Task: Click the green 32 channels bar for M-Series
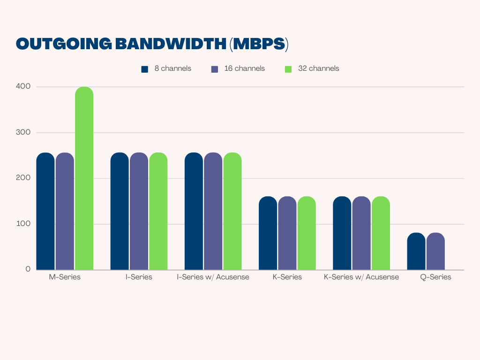tap(84, 178)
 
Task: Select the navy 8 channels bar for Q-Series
tap(416, 251)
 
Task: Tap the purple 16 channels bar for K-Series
tap(287, 233)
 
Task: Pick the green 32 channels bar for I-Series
tap(158, 211)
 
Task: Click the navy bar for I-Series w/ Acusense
tap(194, 211)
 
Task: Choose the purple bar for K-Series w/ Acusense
tap(361, 233)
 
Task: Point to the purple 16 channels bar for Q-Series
tap(435, 251)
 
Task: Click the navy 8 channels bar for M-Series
tap(45, 211)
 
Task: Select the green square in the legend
tap(288, 69)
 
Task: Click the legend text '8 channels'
tap(172, 68)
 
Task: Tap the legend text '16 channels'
tap(244, 68)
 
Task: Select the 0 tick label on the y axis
tap(28, 270)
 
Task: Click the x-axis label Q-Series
tap(435, 277)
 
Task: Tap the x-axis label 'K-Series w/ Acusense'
tap(361, 277)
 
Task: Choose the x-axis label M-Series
tap(65, 277)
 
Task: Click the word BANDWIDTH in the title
tap(171, 44)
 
